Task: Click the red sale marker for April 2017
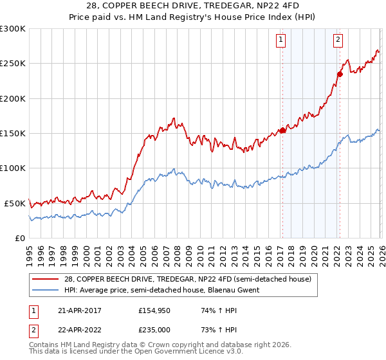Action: [282, 130]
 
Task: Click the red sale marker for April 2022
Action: [339, 74]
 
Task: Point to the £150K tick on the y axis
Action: [13, 134]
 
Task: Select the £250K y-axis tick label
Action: [13, 64]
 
